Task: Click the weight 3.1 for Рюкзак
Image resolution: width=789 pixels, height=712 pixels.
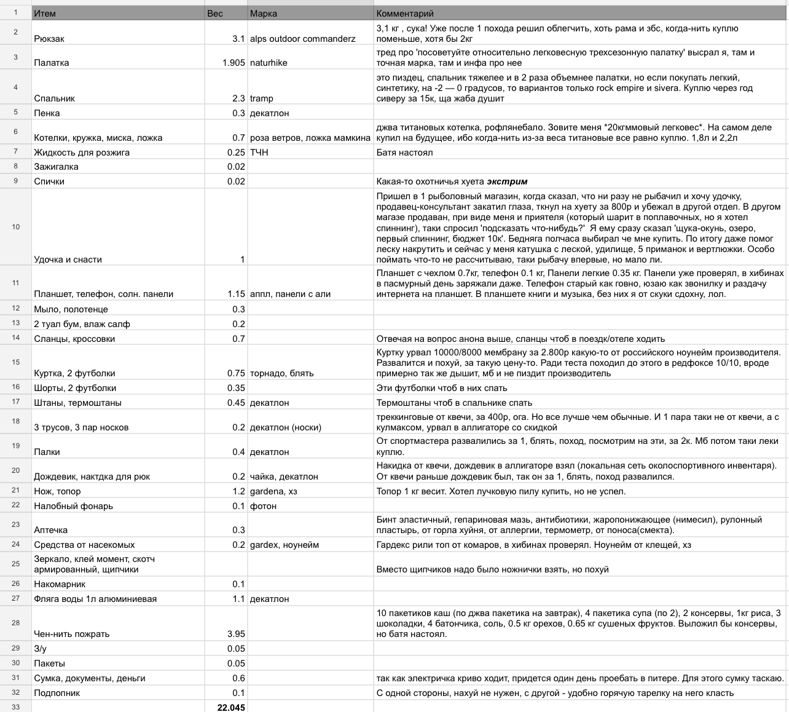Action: click(238, 39)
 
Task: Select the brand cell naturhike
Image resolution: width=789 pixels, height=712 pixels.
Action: click(269, 63)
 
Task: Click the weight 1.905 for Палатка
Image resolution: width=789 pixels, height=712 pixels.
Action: click(234, 63)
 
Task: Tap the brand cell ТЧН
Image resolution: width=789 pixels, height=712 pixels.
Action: click(259, 152)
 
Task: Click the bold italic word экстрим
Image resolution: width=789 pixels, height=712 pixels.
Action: click(507, 181)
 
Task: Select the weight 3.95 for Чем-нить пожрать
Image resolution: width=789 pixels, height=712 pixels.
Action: click(236, 634)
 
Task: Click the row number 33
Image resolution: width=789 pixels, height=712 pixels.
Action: click(16, 707)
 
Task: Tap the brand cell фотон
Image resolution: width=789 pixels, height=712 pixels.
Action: click(263, 506)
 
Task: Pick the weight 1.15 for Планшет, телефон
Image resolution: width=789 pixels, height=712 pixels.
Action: click(236, 294)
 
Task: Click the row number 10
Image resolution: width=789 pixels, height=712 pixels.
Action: click(16, 227)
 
